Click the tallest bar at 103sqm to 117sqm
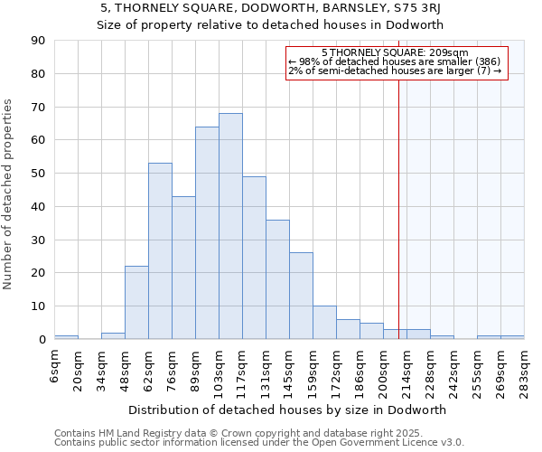[x=230, y=226]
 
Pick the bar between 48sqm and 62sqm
[x=136, y=303]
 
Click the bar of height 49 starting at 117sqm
[x=254, y=258]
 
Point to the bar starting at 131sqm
[x=277, y=279]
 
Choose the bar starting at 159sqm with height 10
[x=324, y=323]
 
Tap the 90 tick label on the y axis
[x=39, y=41]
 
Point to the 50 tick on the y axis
[x=39, y=174]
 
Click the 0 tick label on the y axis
[x=42, y=340]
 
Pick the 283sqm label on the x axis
[x=525, y=365]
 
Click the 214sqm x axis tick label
[x=407, y=365]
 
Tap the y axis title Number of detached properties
[x=9, y=208]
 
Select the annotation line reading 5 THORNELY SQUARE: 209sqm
[x=394, y=53]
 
